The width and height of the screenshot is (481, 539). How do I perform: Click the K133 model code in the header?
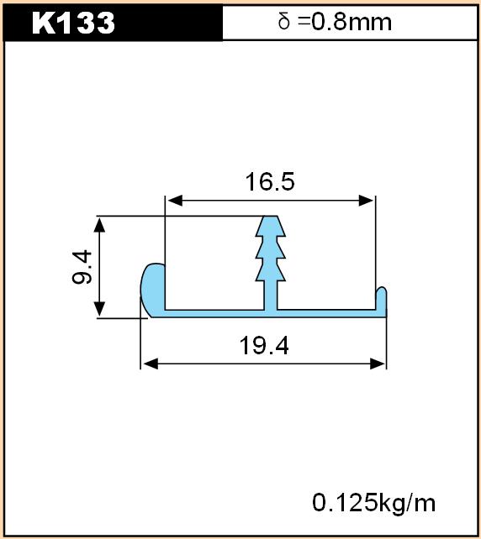tap(73, 23)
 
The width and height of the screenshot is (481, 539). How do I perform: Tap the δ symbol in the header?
tap(284, 21)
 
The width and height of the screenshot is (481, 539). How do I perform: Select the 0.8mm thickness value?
tap(351, 22)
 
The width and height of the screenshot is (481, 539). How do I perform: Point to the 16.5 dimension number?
tap(270, 182)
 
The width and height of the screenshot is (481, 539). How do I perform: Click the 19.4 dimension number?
tap(264, 345)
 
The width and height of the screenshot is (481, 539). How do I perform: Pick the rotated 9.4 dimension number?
tap(82, 268)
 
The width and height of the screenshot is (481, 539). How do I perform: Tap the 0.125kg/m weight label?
tap(374, 503)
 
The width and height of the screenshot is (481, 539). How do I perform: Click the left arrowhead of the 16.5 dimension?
tap(175, 201)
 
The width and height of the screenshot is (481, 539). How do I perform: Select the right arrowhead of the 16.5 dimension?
tap(366, 201)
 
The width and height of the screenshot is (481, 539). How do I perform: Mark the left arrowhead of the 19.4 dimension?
tap(151, 364)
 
